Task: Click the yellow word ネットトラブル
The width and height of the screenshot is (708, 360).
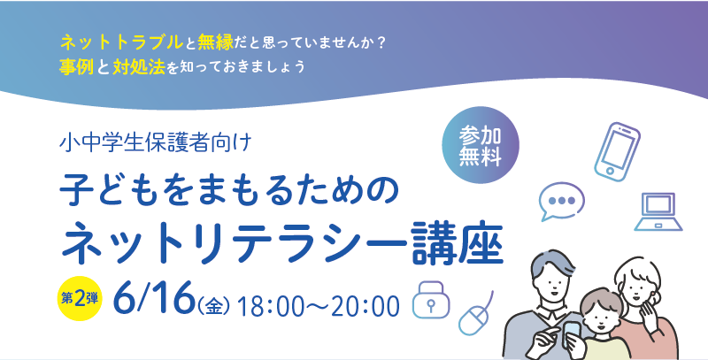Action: [121, 42]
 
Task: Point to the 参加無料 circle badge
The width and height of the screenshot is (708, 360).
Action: [481, 145]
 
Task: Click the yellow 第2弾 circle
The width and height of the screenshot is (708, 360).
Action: [80, 299]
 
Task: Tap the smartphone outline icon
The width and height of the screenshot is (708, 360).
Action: [617, 151]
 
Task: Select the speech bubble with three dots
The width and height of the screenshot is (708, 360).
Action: [561, 201]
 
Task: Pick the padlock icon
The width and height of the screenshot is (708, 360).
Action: [431, 300]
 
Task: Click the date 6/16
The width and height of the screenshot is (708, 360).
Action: [153, 298]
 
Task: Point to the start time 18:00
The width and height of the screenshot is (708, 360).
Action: [265, 306]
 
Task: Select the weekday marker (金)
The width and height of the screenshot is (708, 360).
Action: [214, 307]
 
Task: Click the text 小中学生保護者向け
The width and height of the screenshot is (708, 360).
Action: [155, 143]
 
